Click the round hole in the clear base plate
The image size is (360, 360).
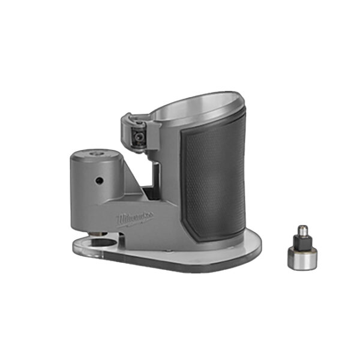coord(101,242)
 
